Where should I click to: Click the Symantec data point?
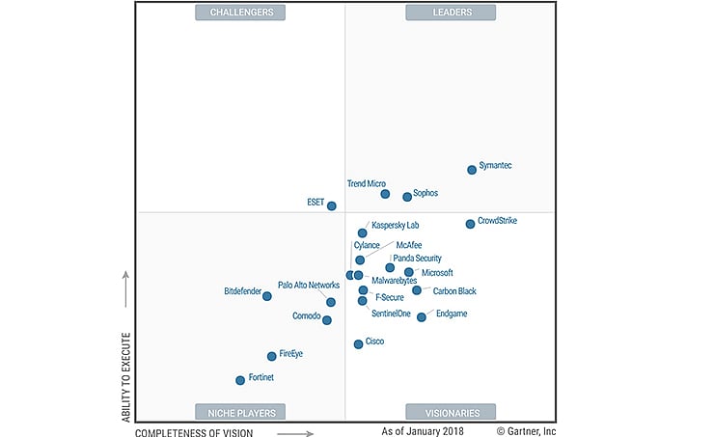pyautogui.click(x=472, y=169)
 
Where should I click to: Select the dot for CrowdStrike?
pyautogui.click(x=470, y=224)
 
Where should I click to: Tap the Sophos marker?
pyautogui.click(x=407, y=197)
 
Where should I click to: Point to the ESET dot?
pyautogui.click(x=332, y=205)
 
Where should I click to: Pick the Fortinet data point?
pyautogui.click(x=240, y=380)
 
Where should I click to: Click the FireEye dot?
pyautogui.click(x=271, y=356)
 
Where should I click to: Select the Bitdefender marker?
pyautogui.click(x=267, y=296)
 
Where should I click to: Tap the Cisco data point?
pyautogui.click(x=358, y=343)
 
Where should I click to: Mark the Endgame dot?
pyautogui.click(x=422, y=316)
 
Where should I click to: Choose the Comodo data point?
pyautogui.click(x=327, y=320)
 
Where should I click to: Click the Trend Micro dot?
pyautogui.click(x=385, y=194)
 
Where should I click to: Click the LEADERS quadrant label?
pyautogui.click(x=451, y=13)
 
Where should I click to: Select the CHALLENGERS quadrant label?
pyautogui.click(x=240, y=13)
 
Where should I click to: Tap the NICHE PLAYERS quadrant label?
pyautogui.click(x=240, y=412)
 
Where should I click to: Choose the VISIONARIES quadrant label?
pyautogui.click(x=451, y=412)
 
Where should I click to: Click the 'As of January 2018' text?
pyautogui.click(x=424, y=432)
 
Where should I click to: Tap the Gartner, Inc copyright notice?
pyautogui.click(x=527, y=432)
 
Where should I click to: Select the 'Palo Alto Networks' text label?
pyautogui.click(x=309, y=286)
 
